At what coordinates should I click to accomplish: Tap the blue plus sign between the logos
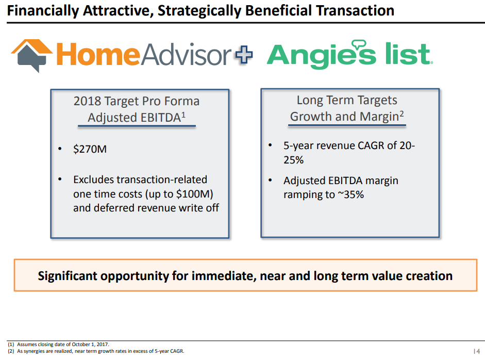click(244, 55)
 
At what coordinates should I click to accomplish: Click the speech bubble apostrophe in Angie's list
click(359, 44)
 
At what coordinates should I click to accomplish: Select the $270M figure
click(90, 149)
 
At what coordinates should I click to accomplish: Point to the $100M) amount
click(194, 194)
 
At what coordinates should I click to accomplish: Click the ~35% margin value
click(351, 195)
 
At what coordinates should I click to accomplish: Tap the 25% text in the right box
click(294, 160)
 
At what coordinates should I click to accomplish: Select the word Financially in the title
click(43, 11)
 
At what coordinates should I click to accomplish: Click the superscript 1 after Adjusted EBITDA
click(183, 115)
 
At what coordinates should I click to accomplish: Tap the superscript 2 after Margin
click(402, 113)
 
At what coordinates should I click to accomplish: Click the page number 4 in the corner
click(478, 351)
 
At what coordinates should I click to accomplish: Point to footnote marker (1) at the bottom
click(11, 344)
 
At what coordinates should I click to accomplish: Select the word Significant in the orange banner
click(68, 276)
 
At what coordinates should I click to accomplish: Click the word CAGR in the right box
click(371, 145)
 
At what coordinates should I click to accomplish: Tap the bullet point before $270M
click(60, 149)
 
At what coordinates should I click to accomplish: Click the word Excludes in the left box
click(93, 179)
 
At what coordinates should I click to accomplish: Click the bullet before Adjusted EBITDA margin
click(270, 180)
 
